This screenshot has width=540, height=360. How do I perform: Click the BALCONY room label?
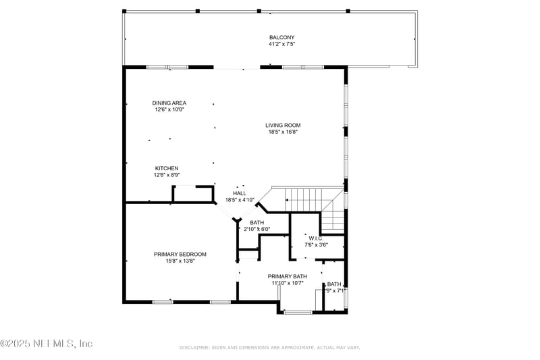click(x=282, y=38)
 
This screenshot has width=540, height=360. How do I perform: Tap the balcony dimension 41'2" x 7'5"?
click(x=282, y=45)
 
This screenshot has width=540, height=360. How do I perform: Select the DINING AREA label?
click(x=169, y=103)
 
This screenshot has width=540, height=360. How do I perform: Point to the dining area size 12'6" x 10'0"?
click(x=169, y=109)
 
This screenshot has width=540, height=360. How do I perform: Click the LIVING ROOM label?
click(x=282, y=125)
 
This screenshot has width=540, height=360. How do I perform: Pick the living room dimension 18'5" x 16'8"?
click(x=282, y=132)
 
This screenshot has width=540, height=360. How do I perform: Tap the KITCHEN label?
click(x=167, y=168)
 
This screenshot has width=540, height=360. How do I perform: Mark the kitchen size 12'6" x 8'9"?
click(x=167, y=175)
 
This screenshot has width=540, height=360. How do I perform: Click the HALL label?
click(x=240, y=193)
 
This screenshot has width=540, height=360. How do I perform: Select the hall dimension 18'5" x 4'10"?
click(x=240, y=200)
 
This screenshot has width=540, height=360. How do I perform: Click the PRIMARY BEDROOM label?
click(x=180, y=254)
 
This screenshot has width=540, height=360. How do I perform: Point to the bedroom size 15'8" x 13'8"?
click(x=180, y=261)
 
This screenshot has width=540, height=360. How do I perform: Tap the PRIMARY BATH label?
click(x=288, y=276)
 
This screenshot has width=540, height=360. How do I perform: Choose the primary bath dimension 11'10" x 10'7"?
click(x=288, y=283)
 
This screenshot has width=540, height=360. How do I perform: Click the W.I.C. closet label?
click(x=316, y=238)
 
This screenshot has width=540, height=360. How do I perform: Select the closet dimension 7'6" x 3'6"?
click(x=316, y=245)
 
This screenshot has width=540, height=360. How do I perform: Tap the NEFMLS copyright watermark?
click(x=47, y=344)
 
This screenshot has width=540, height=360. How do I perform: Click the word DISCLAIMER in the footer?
click(x=195, y=347)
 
